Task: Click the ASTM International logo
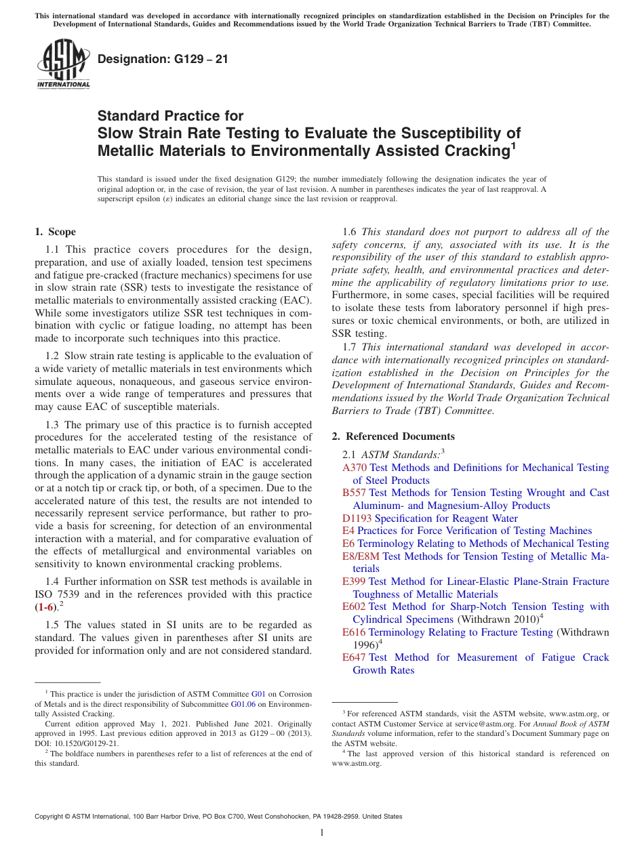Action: tap(63, 65)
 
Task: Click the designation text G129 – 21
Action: tap(163, 59)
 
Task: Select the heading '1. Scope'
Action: tap(55, 232)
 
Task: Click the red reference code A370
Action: tap(355, 468)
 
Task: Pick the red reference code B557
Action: tap(355, 493)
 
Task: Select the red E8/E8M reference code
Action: tap(361, 556)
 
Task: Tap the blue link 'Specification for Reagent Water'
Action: tap(446, 518)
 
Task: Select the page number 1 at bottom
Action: tap(322, 833)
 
